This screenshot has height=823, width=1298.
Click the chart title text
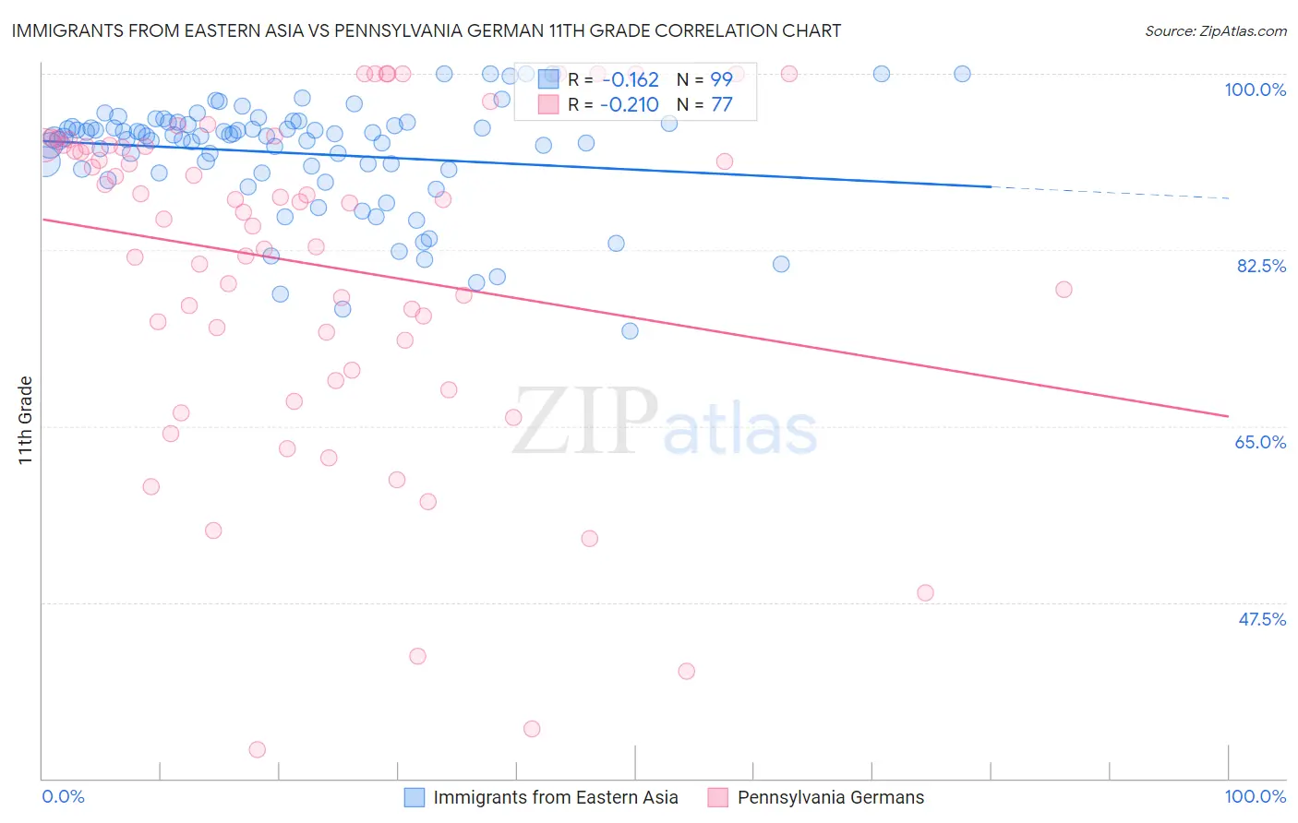[426, 30]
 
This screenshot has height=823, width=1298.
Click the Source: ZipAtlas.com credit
[1215, 30]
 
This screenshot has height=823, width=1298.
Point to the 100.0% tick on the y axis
[1255, 89]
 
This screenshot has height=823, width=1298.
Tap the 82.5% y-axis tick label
[1261, 266]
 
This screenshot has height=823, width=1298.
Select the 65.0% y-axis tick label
[1260, 442]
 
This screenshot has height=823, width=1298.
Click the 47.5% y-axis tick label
[1261, 619]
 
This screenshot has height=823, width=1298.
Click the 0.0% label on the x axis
[63, 796]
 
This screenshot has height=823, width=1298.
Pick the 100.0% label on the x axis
[1255, 796]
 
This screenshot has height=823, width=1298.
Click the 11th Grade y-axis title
[26, 420]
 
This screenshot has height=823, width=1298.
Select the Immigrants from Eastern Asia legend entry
[555, 798]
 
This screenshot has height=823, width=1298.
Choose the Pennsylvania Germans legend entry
[830, 798]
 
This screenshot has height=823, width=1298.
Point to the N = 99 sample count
[704, 79]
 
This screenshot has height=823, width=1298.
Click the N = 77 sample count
[704, 105]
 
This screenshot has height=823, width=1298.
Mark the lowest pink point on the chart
[258, 749]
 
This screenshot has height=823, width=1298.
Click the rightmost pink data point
[1064, 290]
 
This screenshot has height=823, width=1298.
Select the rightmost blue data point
[962, 74]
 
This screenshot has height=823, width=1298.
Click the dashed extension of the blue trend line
[1108, 192]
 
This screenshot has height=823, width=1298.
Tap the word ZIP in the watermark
[584, 422]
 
